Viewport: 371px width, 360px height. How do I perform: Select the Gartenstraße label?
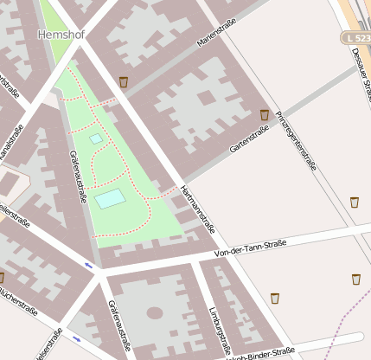(x=245, y=139)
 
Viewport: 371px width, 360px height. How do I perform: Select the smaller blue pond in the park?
(x=96, y=138)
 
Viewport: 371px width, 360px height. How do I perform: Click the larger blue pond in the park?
(x=110, y=199)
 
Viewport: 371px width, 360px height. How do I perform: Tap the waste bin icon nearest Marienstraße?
(x=124, y=82)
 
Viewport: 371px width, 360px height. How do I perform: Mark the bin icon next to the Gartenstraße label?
(x=265, y=114)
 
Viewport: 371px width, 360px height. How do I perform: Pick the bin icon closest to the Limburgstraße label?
(x=275, y=299)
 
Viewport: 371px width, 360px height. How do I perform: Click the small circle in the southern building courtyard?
(x=155, y=312)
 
